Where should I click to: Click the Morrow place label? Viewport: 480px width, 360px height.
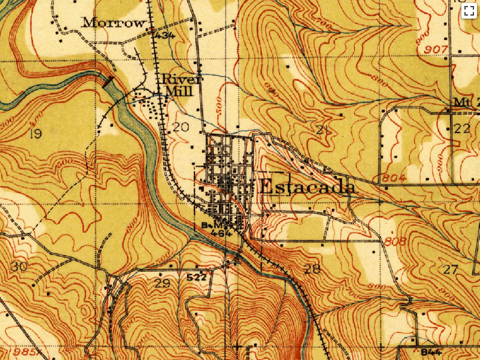click(x=114, y=23)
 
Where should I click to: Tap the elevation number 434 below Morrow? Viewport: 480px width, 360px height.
click(x=164, y=36)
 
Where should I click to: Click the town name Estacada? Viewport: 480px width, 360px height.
click(x=306, y=187)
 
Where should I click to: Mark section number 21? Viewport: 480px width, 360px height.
click(x=323, y=130)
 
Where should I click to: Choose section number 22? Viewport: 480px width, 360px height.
click(x=462, y=128)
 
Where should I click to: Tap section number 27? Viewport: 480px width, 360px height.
click(x=451, y=269)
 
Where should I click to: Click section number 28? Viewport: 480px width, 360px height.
click(x=312, y=269)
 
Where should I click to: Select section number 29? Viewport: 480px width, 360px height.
click(x=162, y=283)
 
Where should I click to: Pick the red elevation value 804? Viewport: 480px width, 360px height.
click(x=394, y=178)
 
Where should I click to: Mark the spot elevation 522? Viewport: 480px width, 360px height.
click(x=196, y=277)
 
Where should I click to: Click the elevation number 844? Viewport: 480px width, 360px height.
click(x=431, y=352)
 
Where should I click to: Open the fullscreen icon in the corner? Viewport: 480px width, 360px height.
click(x=467, y=11)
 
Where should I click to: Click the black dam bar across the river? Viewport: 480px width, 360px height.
click(x=110, y=82)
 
